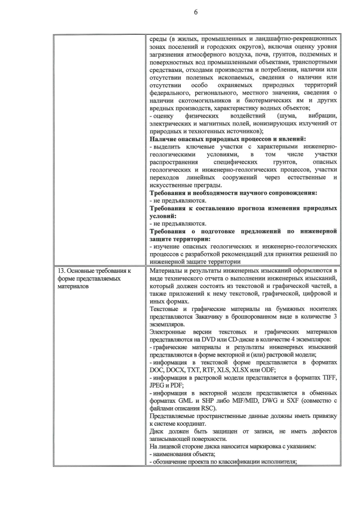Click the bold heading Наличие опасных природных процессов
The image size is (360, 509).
pos(227,138)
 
